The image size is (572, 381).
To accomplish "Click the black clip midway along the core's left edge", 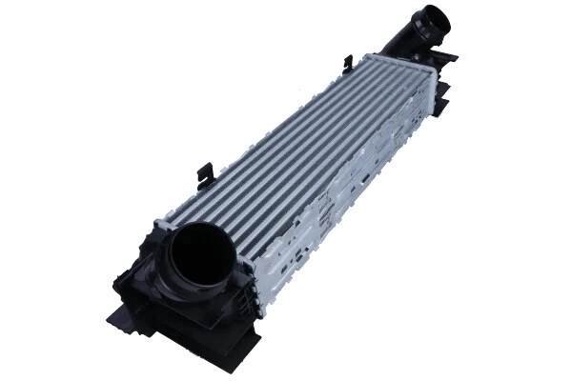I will pyautogui.click(x=203, y=173).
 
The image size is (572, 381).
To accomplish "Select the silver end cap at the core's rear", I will pyautogui.click(x=434, y=86).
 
